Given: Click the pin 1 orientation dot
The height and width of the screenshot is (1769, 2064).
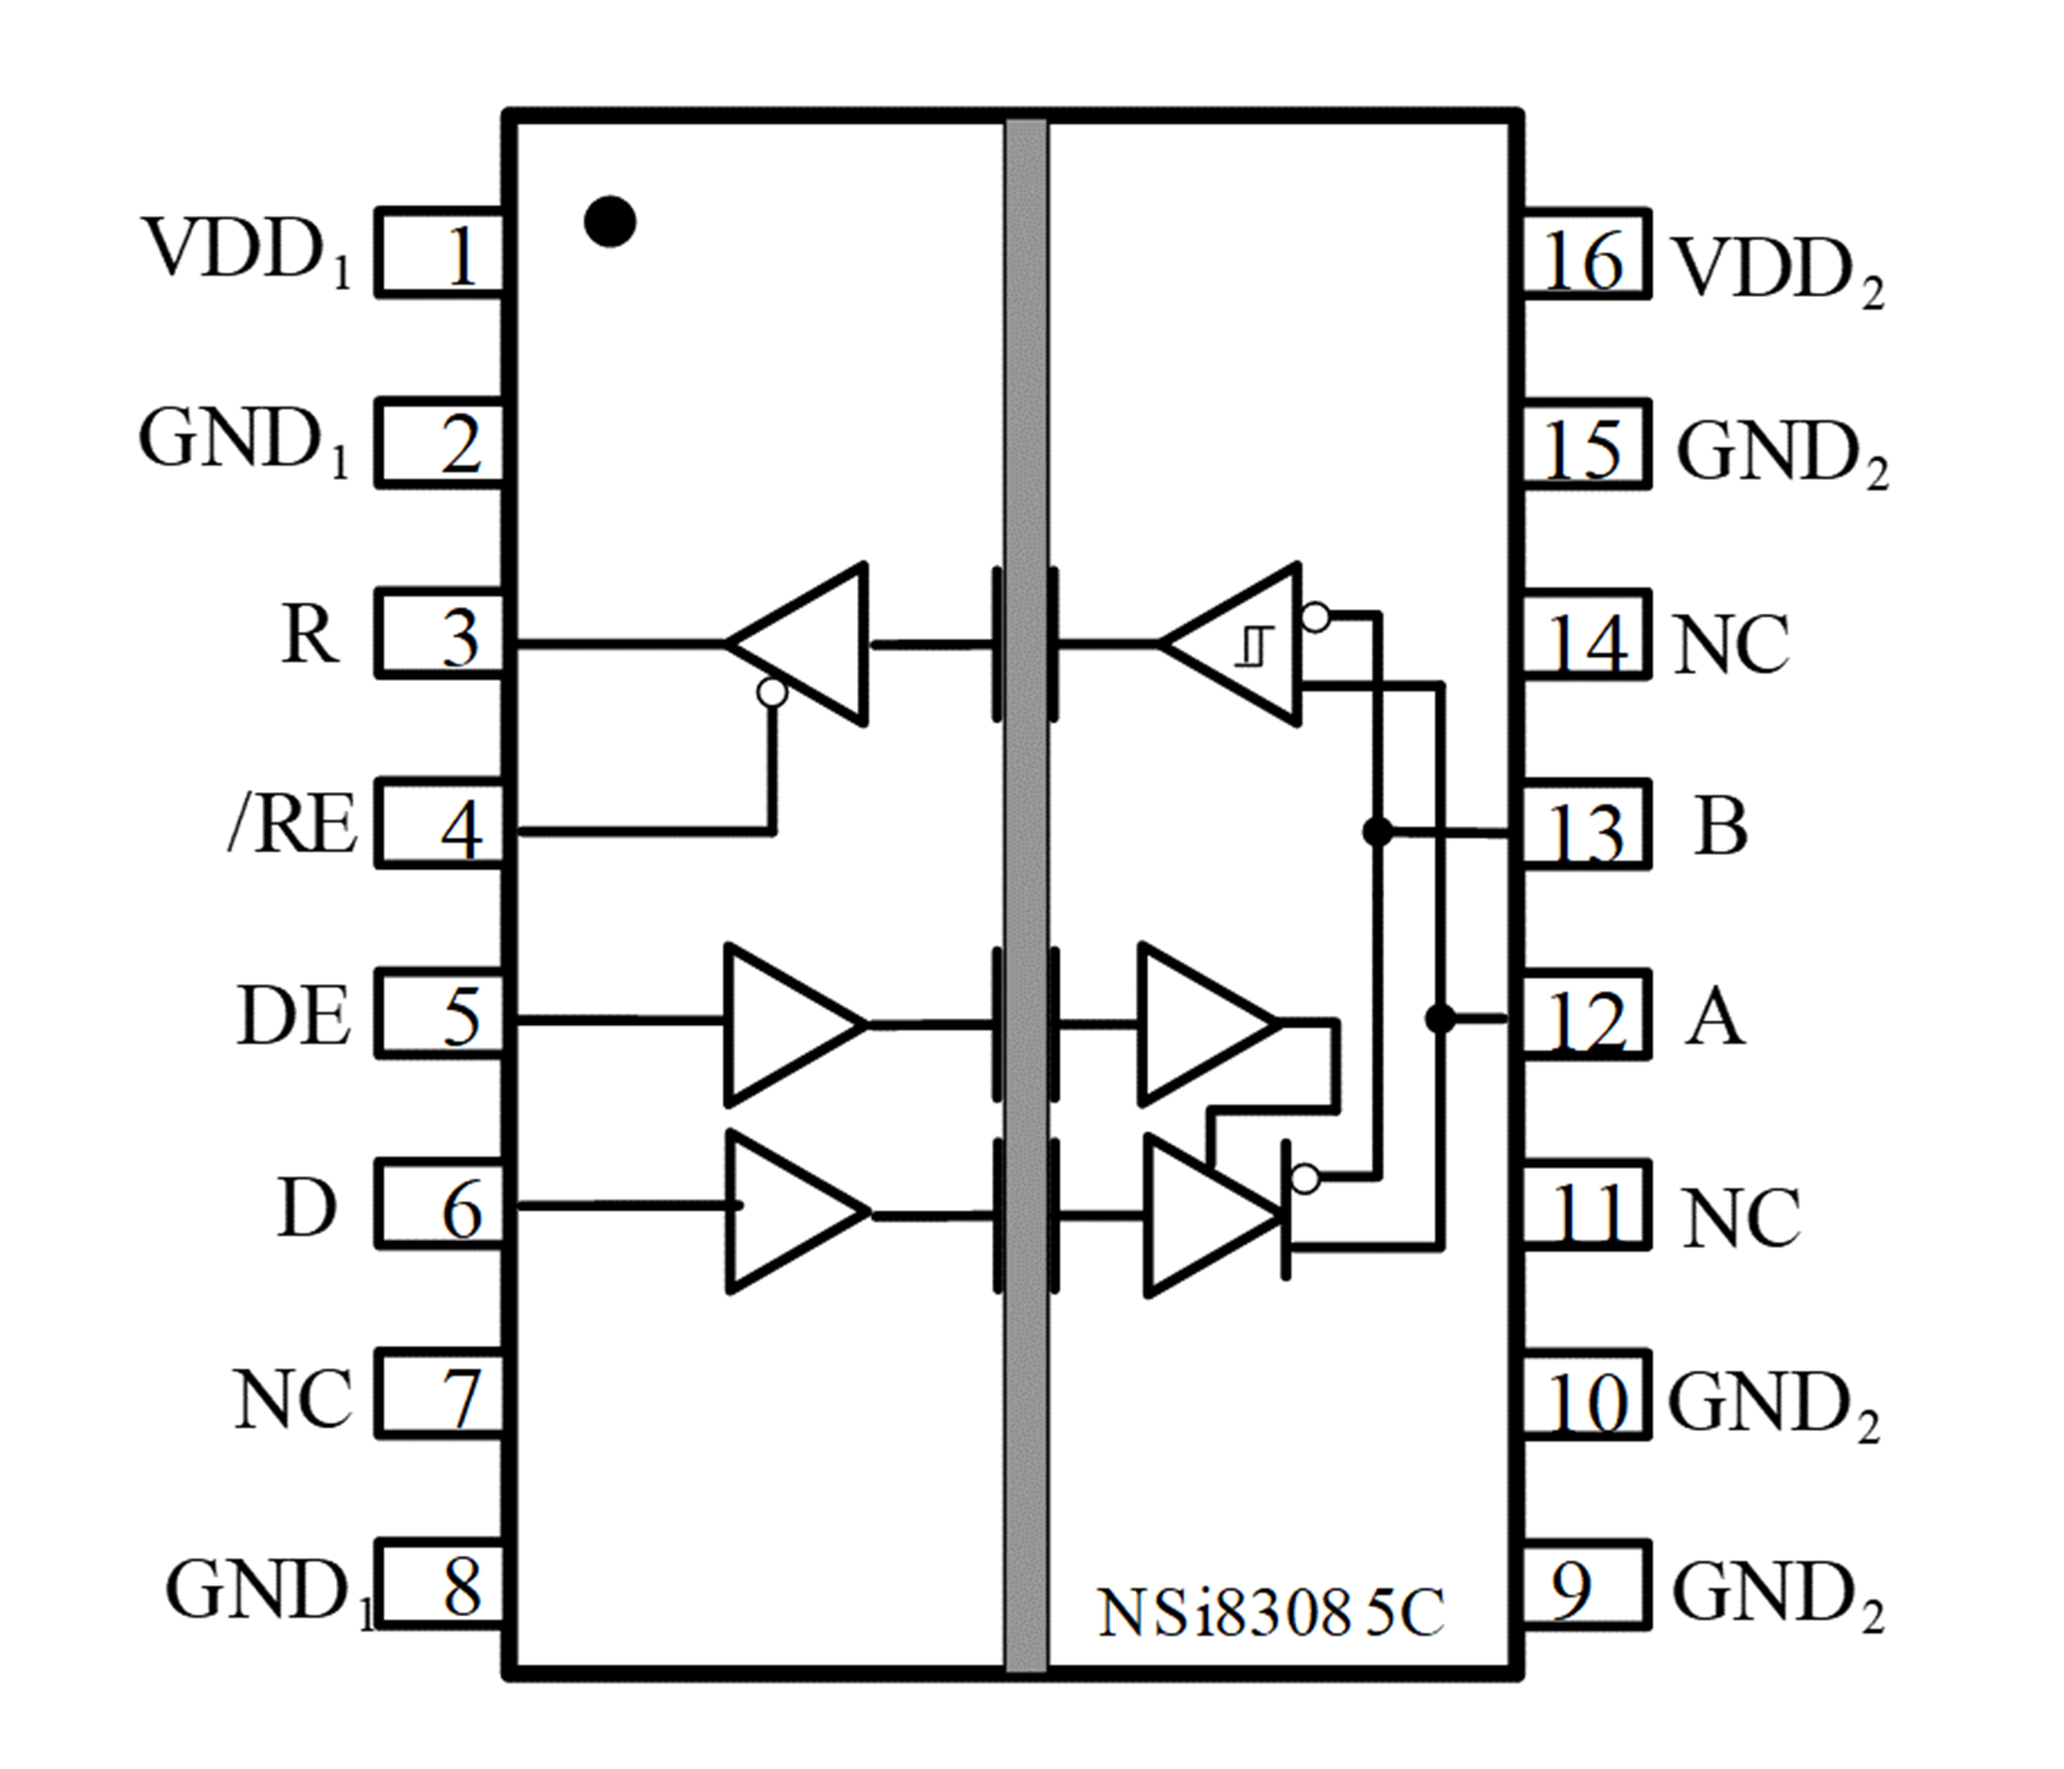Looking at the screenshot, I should tap(610, 221).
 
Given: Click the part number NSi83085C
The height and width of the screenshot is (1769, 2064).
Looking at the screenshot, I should tap(1270, 1612).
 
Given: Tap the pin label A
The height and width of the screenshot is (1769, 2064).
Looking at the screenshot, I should tap(1715, 1018).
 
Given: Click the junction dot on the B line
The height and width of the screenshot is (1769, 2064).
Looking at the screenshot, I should tap(1377, 831).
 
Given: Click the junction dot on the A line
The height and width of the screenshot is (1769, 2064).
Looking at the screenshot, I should tap(1441, 1018).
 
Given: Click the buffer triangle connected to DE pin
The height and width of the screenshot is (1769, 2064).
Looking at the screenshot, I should tap(787, 1024).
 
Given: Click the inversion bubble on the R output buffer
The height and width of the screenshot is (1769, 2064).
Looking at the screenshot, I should tap(772, 693).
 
